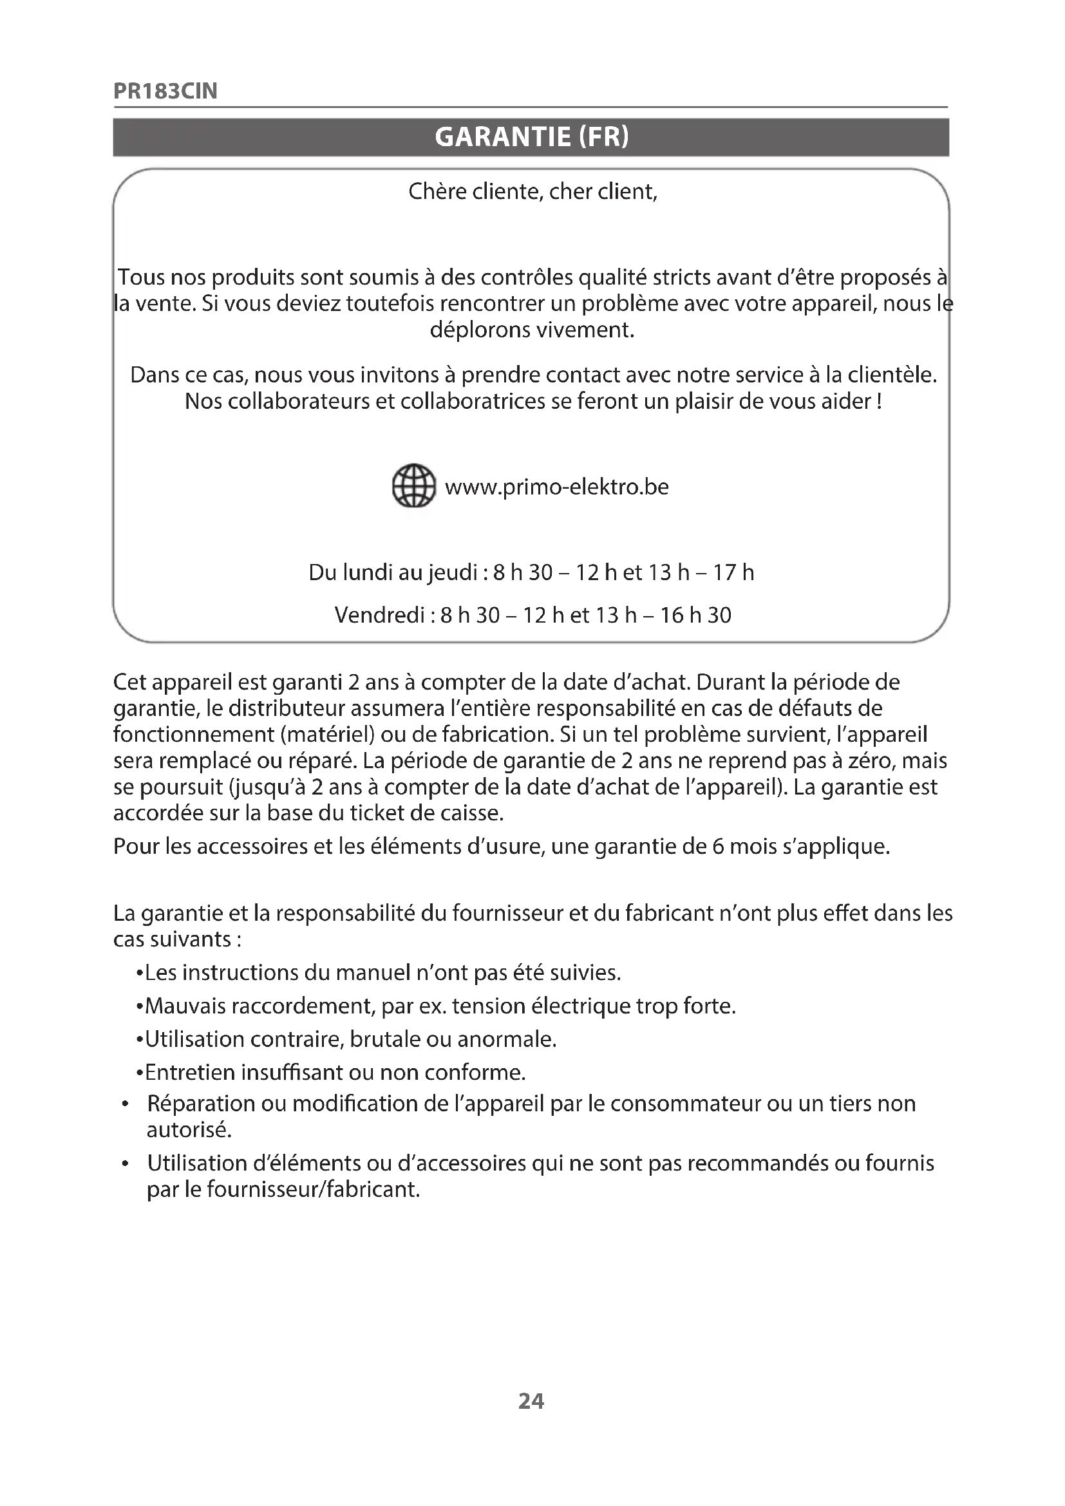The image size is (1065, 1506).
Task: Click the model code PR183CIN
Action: click(x=165, y=91)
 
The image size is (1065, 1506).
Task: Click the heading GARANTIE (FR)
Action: click(x=531, y=136)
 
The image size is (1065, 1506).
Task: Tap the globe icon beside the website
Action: click(x=413, y=486)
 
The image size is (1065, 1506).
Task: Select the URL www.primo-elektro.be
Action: click(x=556, y=487)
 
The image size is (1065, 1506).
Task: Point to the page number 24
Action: click(x=531, y=1401)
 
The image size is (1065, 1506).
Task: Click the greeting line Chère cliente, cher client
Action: click(x=532, y=191)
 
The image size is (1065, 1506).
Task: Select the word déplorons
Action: click(x=481, y=329)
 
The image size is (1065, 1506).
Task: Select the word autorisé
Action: click(x=189, y=1129)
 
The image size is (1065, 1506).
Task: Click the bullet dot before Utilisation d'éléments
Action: click(x=125, y=1164)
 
